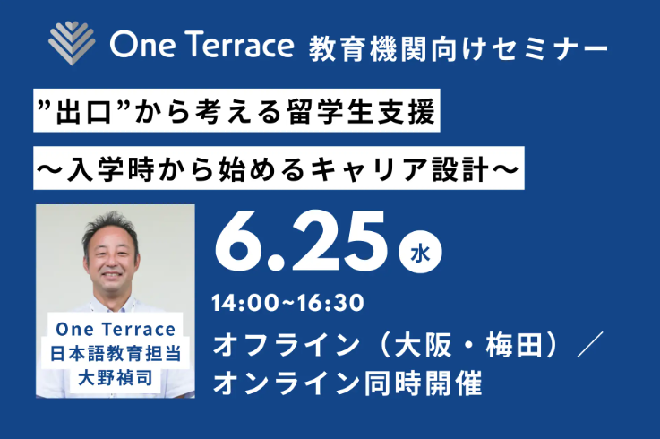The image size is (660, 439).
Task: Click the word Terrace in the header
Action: pyautogui.click(x=241, y=43)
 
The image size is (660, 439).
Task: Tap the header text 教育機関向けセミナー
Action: pyautogui.click(x=457, y=45)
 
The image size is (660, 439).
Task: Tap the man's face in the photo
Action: pyautogui.click(x=116, y=251)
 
